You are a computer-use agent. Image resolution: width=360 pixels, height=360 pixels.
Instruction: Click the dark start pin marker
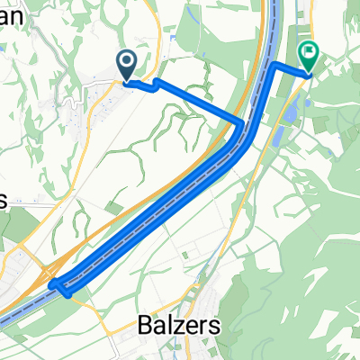pyautogui.click(x=127, y=63)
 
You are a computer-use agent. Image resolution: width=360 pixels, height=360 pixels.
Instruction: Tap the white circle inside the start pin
pyautogui.click(x=127, y=61)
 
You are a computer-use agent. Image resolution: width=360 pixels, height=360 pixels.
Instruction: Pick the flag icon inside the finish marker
pyautogui.click(x=309, y=54)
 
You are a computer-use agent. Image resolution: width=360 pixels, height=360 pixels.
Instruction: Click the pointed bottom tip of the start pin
pyautogui.click(x=127, y=82)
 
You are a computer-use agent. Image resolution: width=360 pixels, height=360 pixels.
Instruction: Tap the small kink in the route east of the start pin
pyautogui.click(x=157, y=84)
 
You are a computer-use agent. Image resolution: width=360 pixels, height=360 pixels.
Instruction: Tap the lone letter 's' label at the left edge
pyautogui.click(x=4, y=202)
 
